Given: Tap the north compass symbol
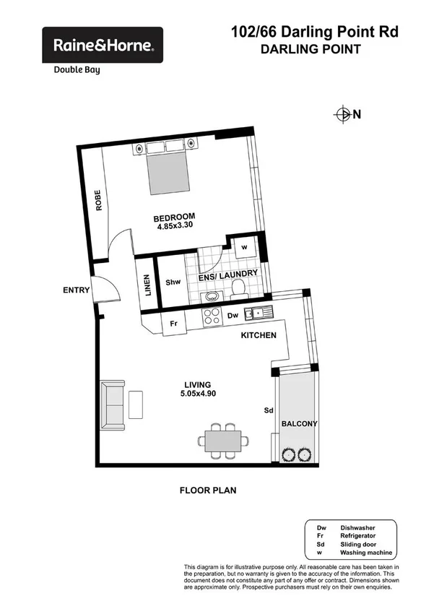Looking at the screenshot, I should [x=343, y=113].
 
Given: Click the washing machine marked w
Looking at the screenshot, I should [x=244, y=247].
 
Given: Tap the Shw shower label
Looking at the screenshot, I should [x=173, y=282].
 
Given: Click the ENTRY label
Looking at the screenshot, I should [x=76, y=290].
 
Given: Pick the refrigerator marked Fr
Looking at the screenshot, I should [x=173, y=324].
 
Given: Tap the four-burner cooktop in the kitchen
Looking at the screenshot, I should [x=213, y=316].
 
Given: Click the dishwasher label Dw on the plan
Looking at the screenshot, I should [x=233, y=316].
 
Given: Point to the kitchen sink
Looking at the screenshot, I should [x=256, y=314].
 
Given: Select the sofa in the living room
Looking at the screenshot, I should [x=113, y=404].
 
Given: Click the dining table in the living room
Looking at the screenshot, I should [x=225, y=441].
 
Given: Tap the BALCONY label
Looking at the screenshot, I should [x=300, y=424].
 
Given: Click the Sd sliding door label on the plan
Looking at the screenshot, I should [x=269, y=410].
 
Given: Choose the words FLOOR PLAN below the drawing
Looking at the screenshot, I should [x=208, y=490].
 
